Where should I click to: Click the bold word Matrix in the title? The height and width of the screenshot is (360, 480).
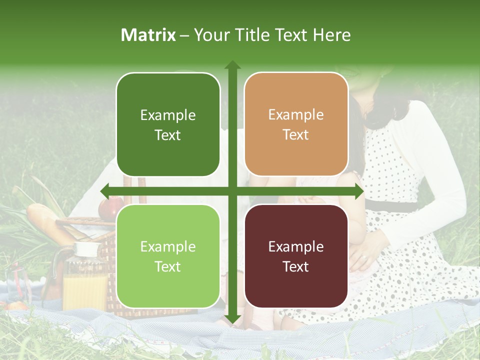click(x=148, y=35)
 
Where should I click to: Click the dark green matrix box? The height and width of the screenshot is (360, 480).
click(x=168, y=124)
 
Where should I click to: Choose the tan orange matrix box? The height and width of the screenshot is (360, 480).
click(x=296, y=124)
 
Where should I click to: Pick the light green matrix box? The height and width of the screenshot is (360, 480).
click(x=168, y=256)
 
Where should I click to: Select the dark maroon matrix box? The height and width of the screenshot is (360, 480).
click(x=296, y=256)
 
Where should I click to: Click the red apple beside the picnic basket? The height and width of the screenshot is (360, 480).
click(x=108, y=208)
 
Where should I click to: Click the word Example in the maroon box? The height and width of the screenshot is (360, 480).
click(x=296, y=246)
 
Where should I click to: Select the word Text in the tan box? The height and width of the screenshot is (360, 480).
click(x=296, y=135)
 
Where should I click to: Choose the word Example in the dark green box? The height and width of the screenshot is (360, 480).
click(x=168, y=115)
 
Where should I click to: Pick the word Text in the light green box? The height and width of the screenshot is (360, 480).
click(x=168, y=266)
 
